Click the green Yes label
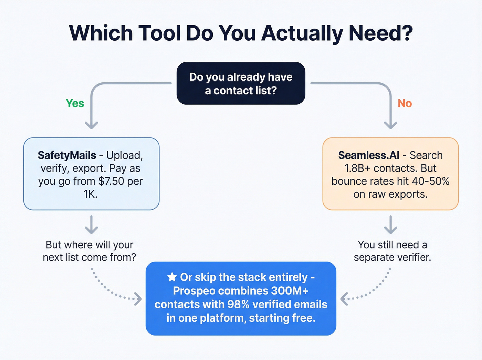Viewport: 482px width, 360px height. click(75, 103)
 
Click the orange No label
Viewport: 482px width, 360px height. click(405, 103)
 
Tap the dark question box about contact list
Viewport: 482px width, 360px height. click(241, 83)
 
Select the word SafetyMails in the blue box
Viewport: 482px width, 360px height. click(67, 155)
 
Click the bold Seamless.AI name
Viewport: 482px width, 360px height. click(369, 155)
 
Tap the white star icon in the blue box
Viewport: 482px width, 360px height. click(172, 277)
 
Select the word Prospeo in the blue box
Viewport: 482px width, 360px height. click(194, 291)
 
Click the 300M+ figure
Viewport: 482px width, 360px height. click(290, 291)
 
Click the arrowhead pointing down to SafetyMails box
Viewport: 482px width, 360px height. click(91, 125)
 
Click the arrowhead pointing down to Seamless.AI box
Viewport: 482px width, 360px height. click(390, 125)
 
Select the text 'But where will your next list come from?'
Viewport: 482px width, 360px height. click(90, 251)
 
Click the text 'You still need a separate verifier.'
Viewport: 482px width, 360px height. click(392, 251)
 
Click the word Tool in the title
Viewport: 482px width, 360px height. click(159, 33)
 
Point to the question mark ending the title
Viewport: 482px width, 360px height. click(406, 33)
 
